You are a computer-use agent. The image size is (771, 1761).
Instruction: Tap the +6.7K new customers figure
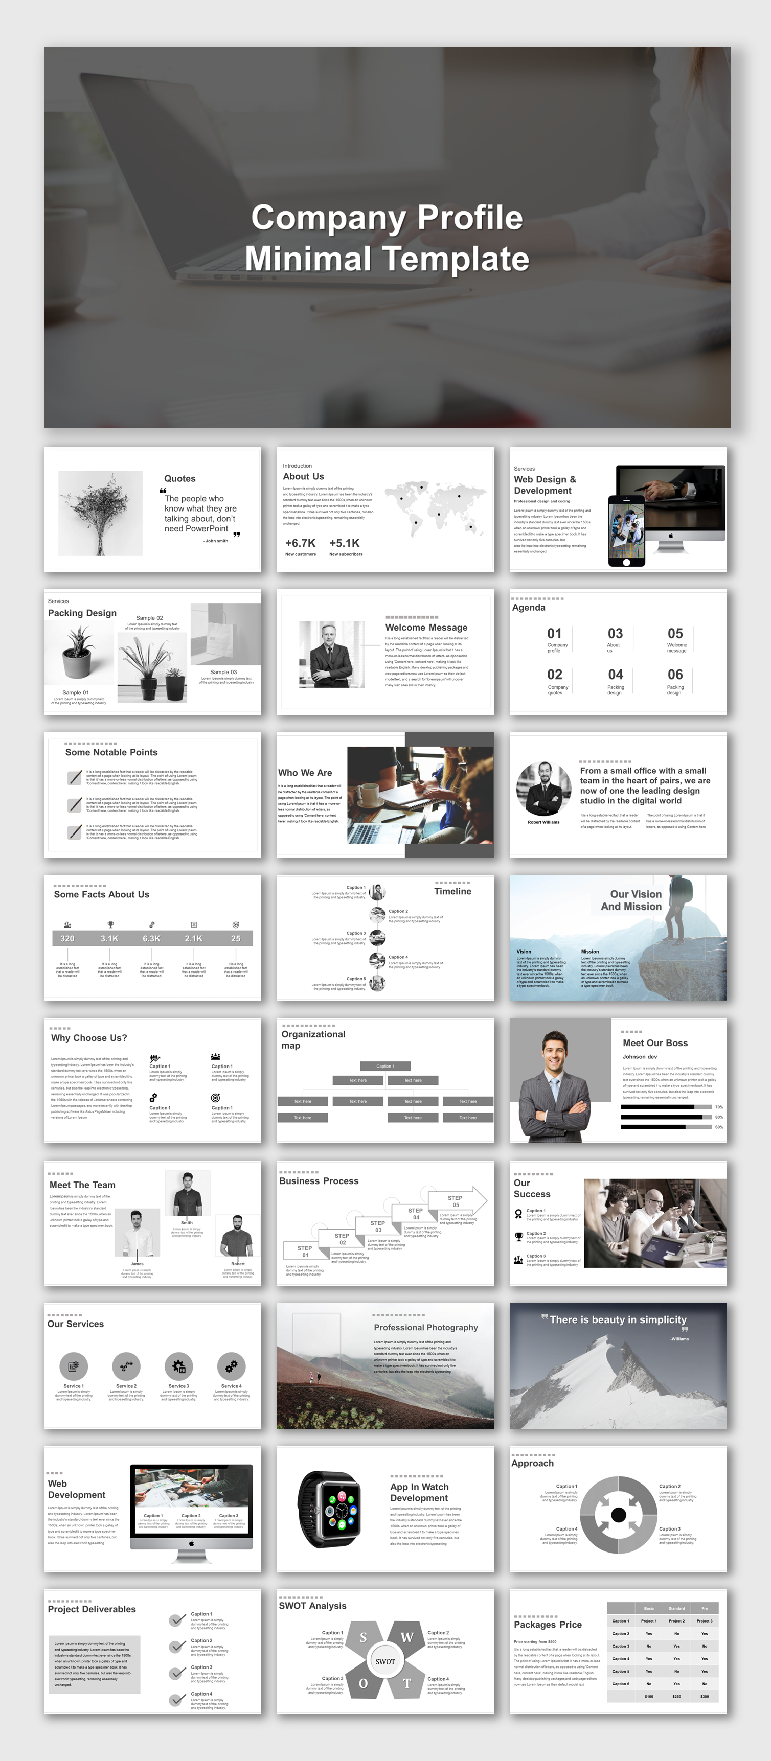click(x=300, y=543)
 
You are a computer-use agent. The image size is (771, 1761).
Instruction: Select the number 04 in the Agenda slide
click(x=615, y=675)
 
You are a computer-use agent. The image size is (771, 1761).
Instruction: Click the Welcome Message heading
click(x=426, y=627)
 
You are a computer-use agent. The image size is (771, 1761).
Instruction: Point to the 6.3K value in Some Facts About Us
click(x=151, y=939)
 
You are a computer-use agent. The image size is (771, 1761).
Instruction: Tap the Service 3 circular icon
click(x=178, y=1366)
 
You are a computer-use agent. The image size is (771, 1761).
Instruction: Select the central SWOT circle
click(x=385, y=1661)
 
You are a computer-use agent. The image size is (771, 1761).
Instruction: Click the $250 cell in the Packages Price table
click(x=676, y=1696)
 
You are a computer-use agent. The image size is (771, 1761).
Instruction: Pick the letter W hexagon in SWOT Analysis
click(x=406, y=1637)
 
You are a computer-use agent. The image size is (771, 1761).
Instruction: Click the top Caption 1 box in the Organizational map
click(x=385, y=1066)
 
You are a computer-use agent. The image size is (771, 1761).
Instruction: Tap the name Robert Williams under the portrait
click(x=543, y=822)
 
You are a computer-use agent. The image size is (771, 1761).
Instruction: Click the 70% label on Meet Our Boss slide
click(x=718, y=1107)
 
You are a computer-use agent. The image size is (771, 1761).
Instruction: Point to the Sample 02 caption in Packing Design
click(x=149, y=617)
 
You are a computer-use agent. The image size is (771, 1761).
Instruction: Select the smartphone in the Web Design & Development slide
click(x=626, y=530)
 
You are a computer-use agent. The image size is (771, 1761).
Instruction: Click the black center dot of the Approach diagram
click(x=619, y=1515)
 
